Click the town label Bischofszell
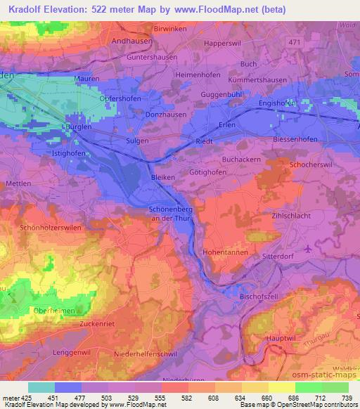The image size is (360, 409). tap(260, 297)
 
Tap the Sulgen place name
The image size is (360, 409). tap(137, 141)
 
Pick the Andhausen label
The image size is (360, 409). tap(131, 41)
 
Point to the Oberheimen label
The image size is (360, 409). tap(49, 309)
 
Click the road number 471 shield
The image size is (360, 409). tap(295, 43)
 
